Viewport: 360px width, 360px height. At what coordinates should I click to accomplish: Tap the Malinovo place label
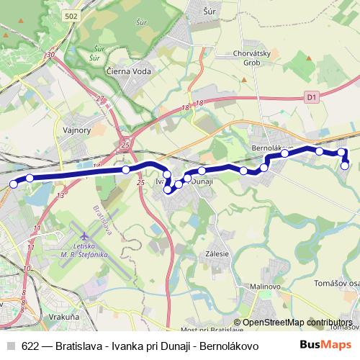coord(264,286)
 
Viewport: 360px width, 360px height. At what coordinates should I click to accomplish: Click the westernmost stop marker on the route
coord(13,184)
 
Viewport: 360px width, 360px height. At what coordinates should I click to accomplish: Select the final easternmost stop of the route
coord(345,166)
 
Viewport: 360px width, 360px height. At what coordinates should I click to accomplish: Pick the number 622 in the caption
coord(30,344)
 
